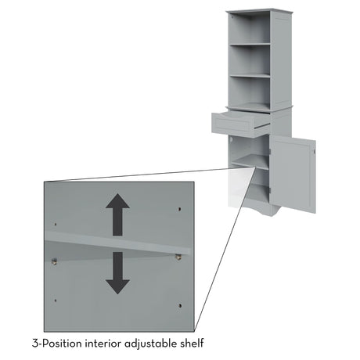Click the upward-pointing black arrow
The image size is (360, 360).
tap(117, 214)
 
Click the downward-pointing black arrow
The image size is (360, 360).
tap(117, 273)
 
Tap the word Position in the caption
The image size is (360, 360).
tap(62, 344)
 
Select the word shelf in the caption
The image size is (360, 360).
tap(192, 343)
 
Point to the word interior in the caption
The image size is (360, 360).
tap(103, 344)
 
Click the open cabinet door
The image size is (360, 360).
tap(293, 175)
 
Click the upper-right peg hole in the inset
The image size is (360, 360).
tap(179, 209)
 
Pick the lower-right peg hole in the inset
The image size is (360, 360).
tap(180, 305)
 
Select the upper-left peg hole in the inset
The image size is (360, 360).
tap(56, 224)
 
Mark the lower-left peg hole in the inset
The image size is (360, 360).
tap(56, 301)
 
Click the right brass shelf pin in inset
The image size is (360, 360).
tap(178, 257)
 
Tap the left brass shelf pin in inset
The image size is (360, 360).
tap(54, 261)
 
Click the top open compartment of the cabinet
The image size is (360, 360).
tap(250, 28)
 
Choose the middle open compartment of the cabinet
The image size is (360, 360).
tap(250, 60)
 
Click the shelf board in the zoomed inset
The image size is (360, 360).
tap(117, 243)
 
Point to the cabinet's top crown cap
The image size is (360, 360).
tap(259, 11)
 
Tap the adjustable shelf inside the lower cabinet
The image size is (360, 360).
tap(250, 162)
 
